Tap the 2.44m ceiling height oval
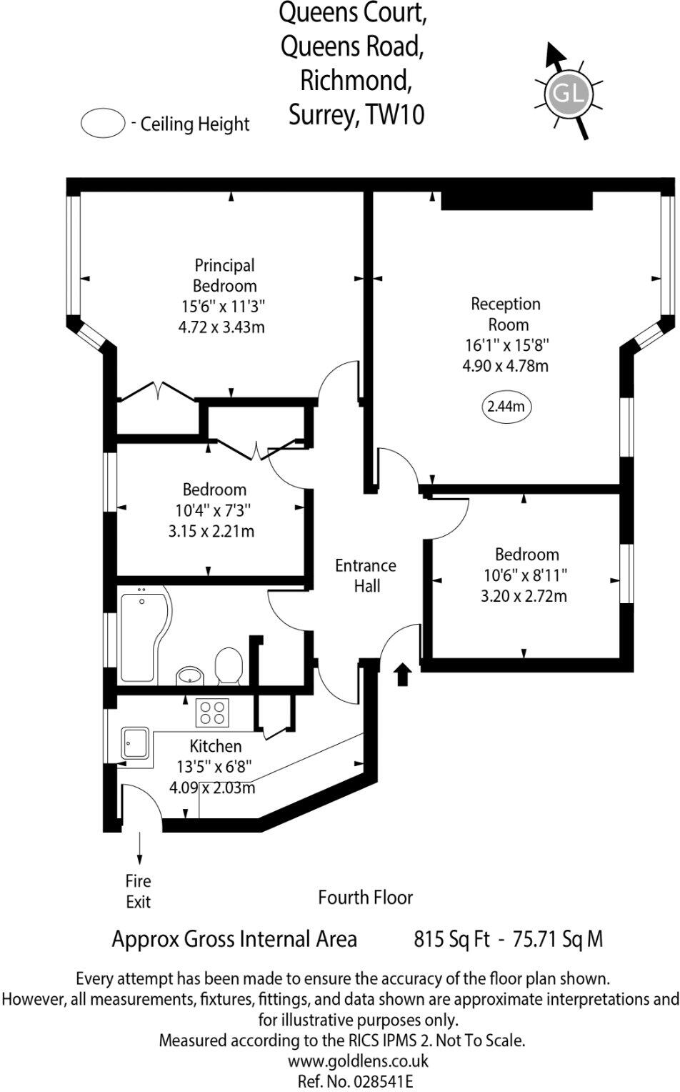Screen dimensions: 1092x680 [x=506, y=407]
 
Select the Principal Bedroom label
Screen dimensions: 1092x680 [x=224, y=275]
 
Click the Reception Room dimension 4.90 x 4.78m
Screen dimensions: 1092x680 [x=506, y=366]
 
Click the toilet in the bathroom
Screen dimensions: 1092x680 [x=229, y=665]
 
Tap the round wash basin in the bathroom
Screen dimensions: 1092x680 [x=189, y=675]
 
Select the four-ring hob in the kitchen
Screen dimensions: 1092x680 [x=212, y=712]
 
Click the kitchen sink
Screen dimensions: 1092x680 [x=135, y=744]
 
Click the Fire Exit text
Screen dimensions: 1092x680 [x=138, y=891]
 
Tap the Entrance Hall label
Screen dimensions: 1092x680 [x=366, y=575]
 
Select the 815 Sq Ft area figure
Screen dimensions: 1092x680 [x=451, y=938]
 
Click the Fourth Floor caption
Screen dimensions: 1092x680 [x=365, y=897]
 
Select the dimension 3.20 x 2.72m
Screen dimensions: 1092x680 [x=524, y=595]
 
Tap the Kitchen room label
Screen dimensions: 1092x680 [x=215, y=745]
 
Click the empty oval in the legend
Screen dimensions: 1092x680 [x=103, y=123]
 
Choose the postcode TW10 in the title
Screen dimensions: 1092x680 [x=395, y=114]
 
